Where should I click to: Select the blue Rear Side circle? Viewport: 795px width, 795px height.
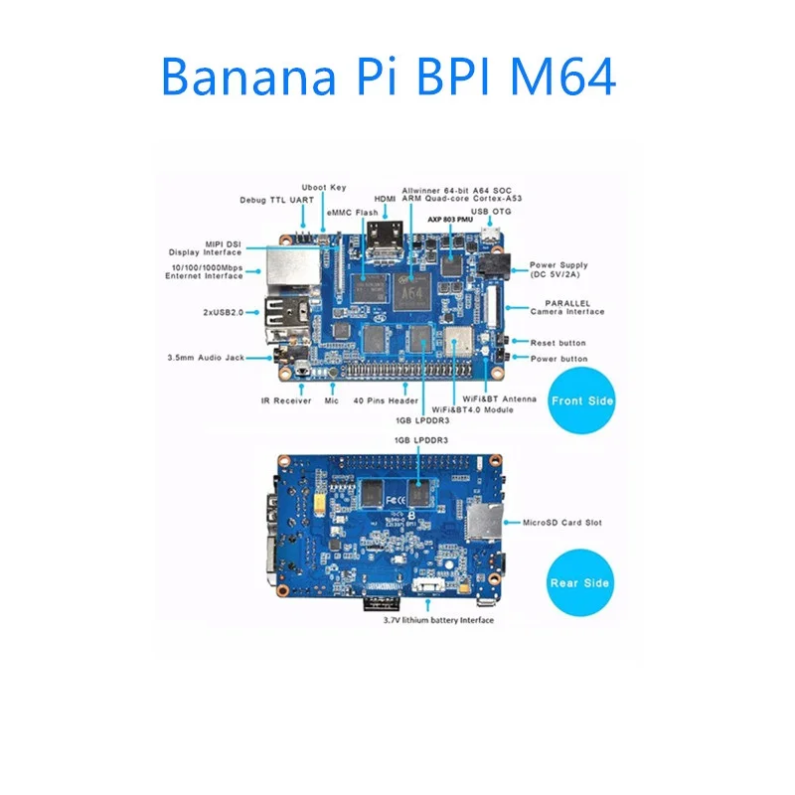(x=581, y=582)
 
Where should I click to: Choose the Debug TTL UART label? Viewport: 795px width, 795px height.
(x=276, y=200)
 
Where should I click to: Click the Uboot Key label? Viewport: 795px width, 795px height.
(x=324, y=188)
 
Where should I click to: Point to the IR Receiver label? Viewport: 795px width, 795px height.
(x=286, y=400)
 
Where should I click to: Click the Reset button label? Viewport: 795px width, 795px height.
(x=558, y=343)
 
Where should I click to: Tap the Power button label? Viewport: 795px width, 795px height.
(x=558, y=359)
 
